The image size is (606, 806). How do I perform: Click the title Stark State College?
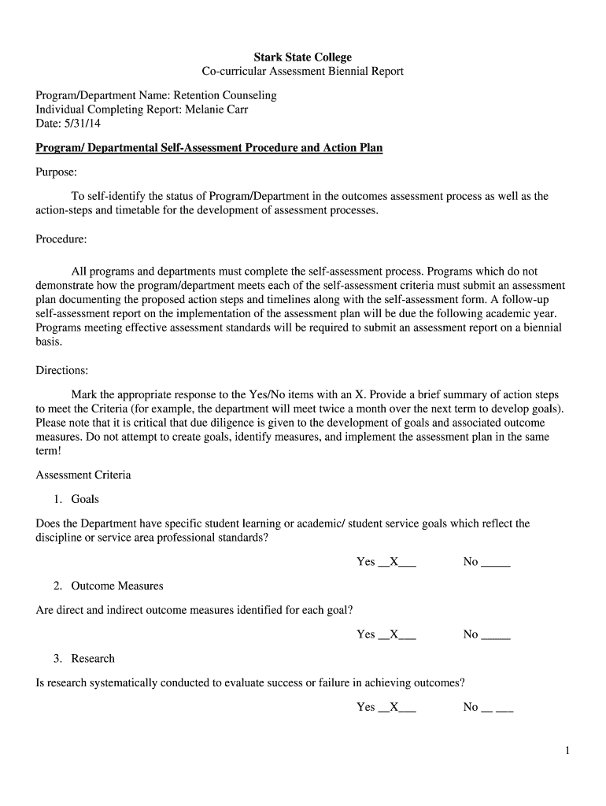tap(302, 57)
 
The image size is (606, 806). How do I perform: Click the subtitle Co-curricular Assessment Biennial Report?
tap(302, 72)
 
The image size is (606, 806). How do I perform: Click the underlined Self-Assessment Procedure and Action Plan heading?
tap(209, 148)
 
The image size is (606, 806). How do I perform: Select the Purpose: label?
tap(57, 172)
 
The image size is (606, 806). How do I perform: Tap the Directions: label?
tap(62, 369)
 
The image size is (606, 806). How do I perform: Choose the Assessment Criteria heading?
tap(83, 475)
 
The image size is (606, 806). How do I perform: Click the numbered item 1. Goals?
tap(76, 499)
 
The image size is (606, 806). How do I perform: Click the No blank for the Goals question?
tap(495, 562)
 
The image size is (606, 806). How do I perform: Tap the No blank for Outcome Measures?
tap(495, 634)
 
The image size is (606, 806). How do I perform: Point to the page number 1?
tap(567, 752)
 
